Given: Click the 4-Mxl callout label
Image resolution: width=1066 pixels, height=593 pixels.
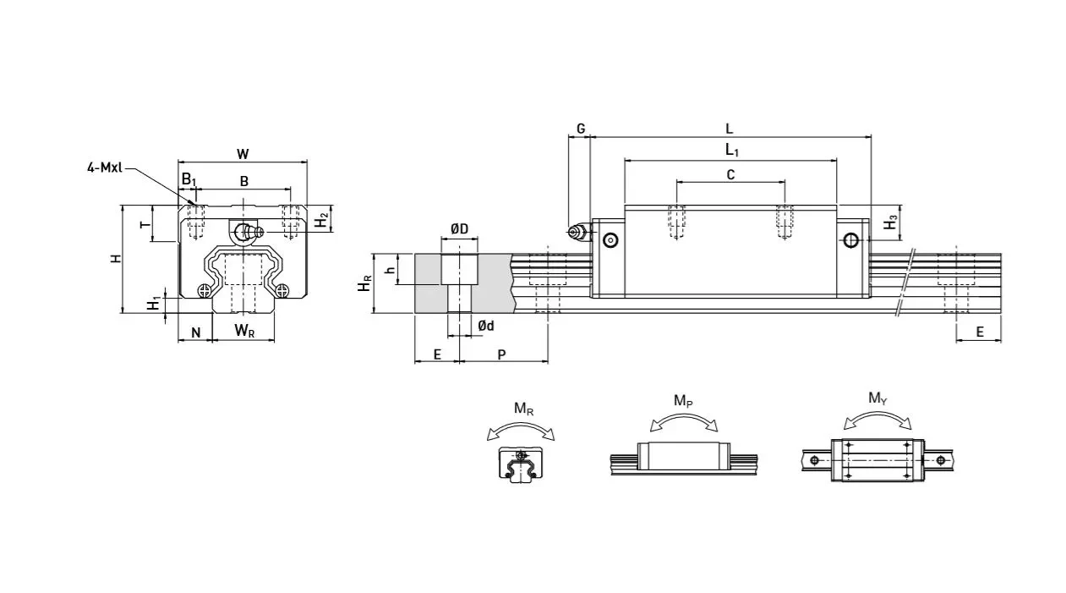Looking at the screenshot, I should [104, 167].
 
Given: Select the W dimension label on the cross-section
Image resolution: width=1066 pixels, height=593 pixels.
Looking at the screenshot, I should [243, 154].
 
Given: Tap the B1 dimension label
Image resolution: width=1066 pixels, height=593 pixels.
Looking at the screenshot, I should [189, 180].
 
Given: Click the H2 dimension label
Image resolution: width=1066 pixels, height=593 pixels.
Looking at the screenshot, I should [321, 220].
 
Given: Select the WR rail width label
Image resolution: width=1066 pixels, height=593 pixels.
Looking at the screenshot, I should [244, 331].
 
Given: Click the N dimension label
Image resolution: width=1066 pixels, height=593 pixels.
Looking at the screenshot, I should [195, 332].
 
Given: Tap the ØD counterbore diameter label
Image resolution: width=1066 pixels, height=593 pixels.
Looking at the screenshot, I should [459, 229].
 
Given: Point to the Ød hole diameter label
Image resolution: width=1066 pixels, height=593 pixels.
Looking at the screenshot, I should [485, 326].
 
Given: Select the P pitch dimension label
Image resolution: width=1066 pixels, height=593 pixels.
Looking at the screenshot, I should [501, 354].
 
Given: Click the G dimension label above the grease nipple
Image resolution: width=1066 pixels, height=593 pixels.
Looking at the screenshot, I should [581, 129].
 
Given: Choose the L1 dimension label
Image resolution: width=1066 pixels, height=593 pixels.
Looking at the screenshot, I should [732, 151].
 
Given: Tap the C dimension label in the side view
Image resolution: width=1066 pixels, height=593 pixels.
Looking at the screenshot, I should [730, 174].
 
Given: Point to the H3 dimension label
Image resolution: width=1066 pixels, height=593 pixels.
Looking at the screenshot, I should [890, 223].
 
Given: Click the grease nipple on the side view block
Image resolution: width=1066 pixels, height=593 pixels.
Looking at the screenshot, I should [577, 232].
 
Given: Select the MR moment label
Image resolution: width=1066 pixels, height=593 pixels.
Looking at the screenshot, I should [523, 409].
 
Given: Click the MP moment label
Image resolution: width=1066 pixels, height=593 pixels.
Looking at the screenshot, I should [683, 400].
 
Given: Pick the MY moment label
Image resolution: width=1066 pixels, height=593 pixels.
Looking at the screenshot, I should [877, 398].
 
